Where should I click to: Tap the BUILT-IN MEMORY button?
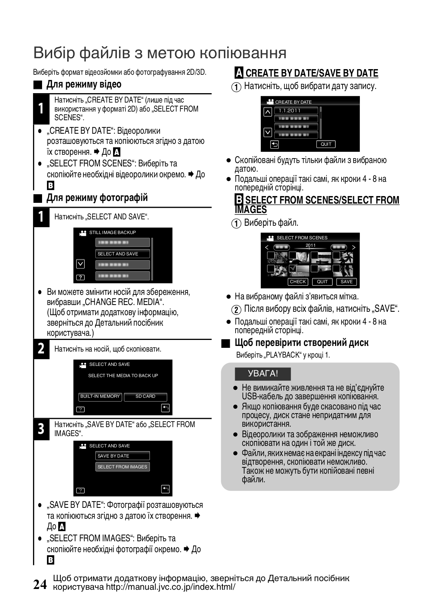100,397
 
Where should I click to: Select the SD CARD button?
145,397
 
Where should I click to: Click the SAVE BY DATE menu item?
122,456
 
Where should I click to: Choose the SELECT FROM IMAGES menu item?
122,467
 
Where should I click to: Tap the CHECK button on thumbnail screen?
298,282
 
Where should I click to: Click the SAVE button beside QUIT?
346,282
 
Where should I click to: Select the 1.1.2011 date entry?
296,110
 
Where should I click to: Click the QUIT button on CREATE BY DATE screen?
326,144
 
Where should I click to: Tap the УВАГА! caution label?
263,374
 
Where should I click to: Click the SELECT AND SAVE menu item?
122,254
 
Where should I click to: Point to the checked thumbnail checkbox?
293,269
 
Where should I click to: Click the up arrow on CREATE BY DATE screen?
267,112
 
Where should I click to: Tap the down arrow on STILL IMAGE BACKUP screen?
80,264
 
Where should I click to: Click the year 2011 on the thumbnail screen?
310,245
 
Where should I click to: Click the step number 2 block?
41,349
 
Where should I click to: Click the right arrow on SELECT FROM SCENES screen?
353,247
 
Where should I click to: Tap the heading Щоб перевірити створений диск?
301,343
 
